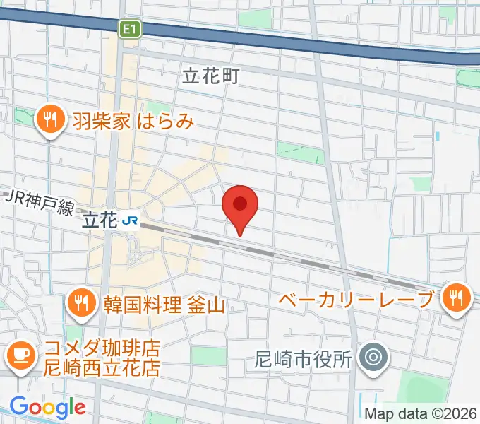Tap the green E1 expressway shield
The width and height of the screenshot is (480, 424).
click(131, 28)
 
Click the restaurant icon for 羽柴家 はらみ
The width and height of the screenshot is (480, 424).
click(49, 120)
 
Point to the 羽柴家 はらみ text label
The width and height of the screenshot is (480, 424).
click(133, 121)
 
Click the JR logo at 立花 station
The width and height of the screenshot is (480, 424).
click(130, 220)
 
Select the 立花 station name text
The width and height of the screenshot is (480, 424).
click(99, 220)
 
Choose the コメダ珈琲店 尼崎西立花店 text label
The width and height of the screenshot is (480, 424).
click(102, 358)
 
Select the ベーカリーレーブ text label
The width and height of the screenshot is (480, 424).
click(355, 299)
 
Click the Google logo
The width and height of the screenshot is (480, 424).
click(47, 407)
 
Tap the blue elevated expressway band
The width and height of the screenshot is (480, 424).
click(296, 39)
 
